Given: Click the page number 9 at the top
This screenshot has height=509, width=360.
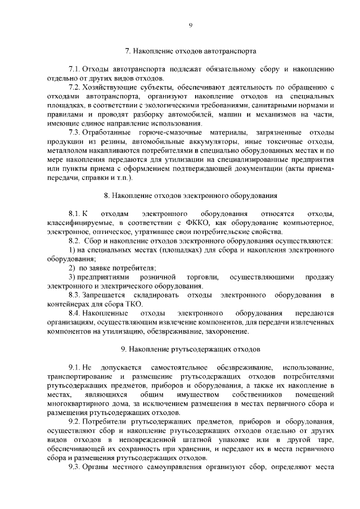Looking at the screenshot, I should [191, 25].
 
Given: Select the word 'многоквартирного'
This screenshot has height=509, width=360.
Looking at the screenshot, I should [82, 403].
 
